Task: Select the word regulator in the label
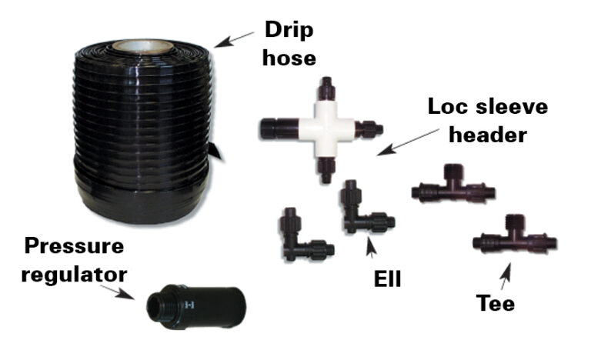tap(73, 272)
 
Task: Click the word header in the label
tap(487, 135)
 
